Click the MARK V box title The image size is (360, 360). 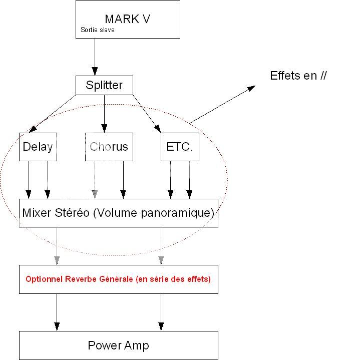pos(127,19)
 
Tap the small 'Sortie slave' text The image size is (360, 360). pos(97,30)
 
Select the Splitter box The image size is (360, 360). pos(104,85)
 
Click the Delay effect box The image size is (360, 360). pos(38,147)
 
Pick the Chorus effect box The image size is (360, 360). pos(109,147)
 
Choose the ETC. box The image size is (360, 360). pos(180,147)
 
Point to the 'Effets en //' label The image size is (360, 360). pos(298,76)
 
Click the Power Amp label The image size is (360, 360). pos(118,345)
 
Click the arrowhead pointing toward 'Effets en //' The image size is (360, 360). pos(251,88)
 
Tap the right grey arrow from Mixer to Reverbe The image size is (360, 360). pos(161,245)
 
